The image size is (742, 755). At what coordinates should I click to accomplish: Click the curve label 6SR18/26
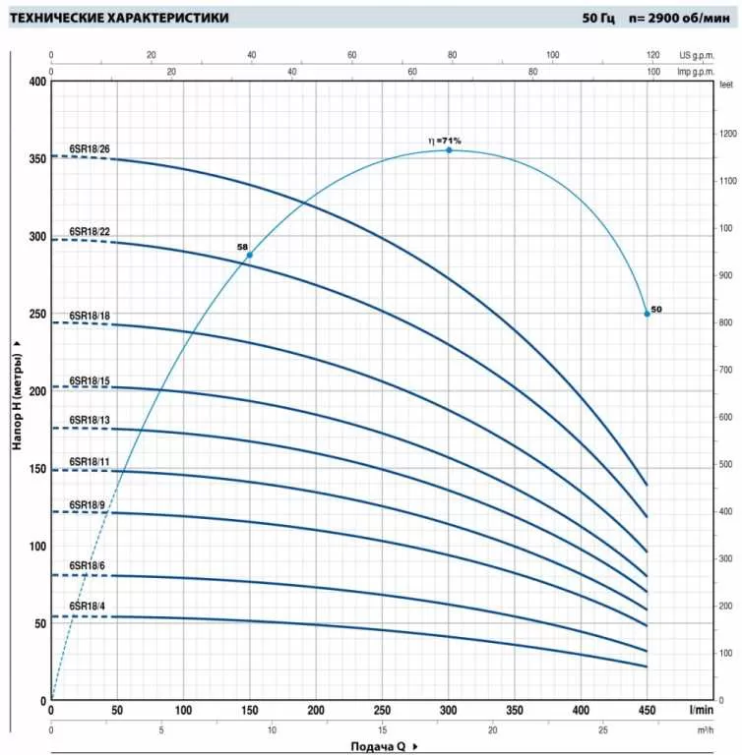pyautogui.click(x=90, y=149)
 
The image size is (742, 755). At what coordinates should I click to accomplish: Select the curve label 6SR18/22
pyautogui.click(x=90, y=232)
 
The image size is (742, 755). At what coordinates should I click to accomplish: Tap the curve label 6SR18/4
pyautogui.click(x=88, y=607)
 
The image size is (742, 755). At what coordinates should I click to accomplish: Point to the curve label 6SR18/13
pyautogui.click(x=90, y=421)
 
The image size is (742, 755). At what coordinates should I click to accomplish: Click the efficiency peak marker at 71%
pyautogui.click(x=449, y=150)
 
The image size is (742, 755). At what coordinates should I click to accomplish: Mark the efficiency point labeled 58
pyautogui.click(x=249, y=255)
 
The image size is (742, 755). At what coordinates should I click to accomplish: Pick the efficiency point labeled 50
pyautogui.click(x=647, y=314)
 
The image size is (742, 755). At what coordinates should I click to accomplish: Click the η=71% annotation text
pyautogui.click(x=445, y=141)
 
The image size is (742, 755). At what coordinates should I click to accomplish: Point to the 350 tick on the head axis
pyautogui.click(x=38, y=158)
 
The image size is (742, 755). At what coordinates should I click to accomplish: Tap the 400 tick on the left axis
pyautogui.click(x=38, y=82)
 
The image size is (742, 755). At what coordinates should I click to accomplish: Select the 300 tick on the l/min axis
pyautogui.click(x=449, y=710)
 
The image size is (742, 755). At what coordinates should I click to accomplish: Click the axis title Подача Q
pyautogui.click(x=377, y=746)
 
